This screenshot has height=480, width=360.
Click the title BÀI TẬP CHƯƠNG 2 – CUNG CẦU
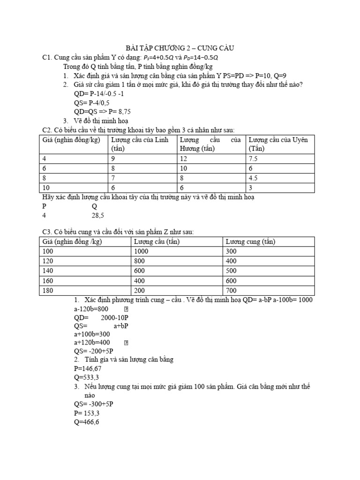tap(180, 48)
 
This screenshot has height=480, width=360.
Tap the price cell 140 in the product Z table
tap(48, 271)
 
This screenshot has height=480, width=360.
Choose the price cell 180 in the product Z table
tap(48, 291)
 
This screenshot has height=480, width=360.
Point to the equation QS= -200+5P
tap(94, 351)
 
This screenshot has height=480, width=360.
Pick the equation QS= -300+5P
tap(94, 404)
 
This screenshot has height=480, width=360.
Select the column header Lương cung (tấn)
tap(250, 242)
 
